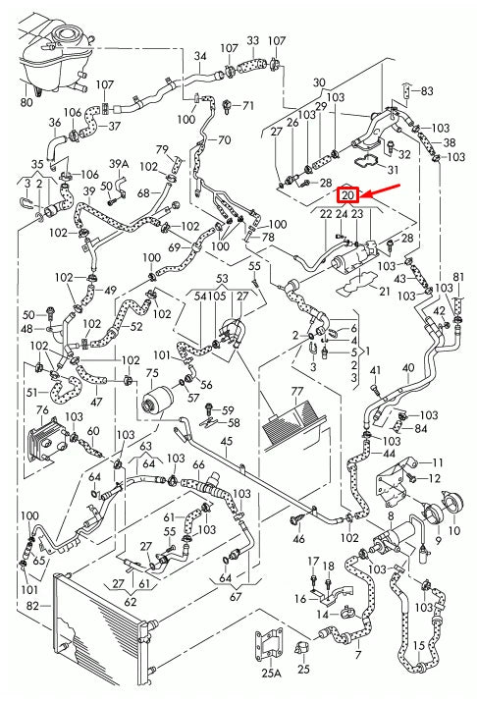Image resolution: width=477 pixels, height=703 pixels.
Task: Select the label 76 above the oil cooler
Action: pos(42,409)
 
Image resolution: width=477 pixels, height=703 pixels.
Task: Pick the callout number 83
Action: pos(427,91)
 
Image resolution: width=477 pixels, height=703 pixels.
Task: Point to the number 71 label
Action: pos(247,105)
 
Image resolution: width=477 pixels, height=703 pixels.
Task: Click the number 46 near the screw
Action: pos(298,539)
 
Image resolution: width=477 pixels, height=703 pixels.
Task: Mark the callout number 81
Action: pos(459,276)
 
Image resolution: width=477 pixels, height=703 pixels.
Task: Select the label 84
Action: pos(421,427)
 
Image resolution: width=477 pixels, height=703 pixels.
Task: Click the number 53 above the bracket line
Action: pos(222,279)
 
